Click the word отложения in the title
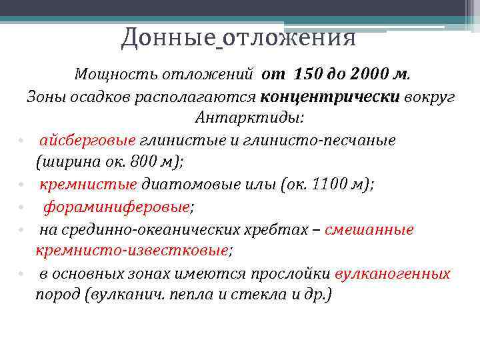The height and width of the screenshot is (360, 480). pyautogui.click(x=289, y=37)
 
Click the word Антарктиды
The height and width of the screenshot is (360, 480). pyautogui.click(x=249, y=118)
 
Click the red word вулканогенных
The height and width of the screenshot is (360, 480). pyautogui.click(x=393, y=273)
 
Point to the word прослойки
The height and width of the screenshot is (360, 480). pyautogui.click(x=289, y=273)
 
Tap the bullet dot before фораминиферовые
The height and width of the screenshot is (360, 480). pyautogui.click(x=21, y=208)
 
